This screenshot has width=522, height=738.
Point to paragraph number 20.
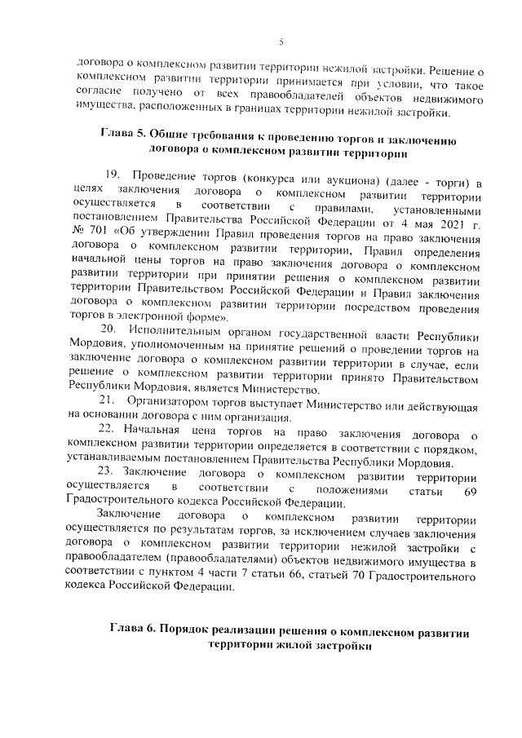pos(108,328)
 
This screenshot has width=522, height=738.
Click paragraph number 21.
pos(107,400)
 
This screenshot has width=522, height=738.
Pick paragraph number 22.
pos(108,428)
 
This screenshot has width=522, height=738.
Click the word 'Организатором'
pos(166,400)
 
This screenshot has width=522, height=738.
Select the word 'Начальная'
pos(157,428)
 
